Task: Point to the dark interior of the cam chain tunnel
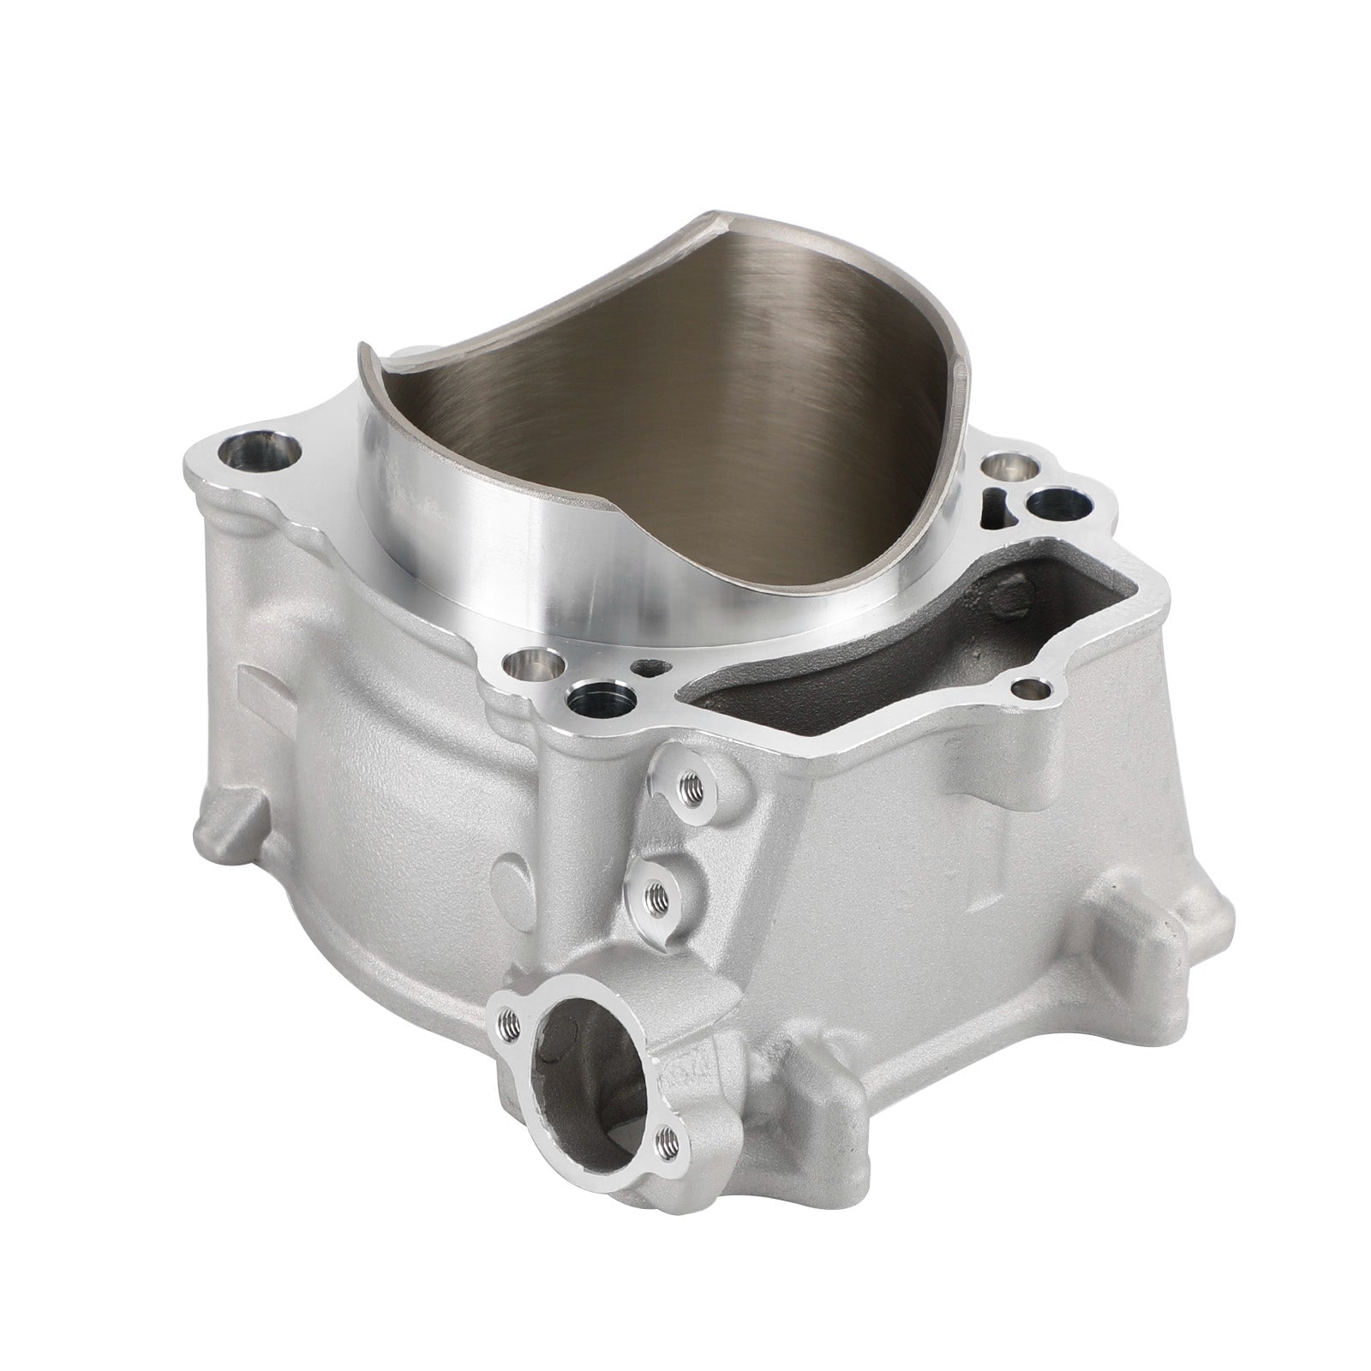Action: pyautogui.click(x=900, y=651)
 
